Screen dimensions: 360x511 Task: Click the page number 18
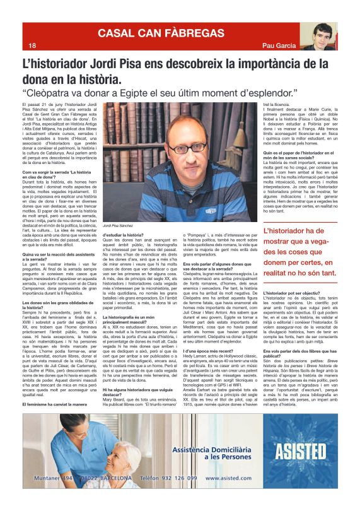[31, 45]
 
